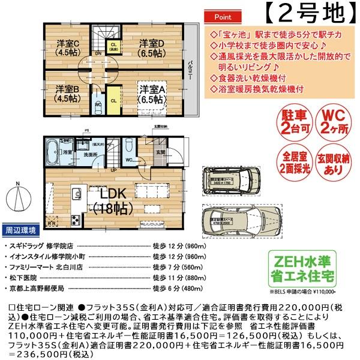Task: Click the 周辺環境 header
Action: (21, 230)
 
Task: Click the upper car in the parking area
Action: (234, 178)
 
